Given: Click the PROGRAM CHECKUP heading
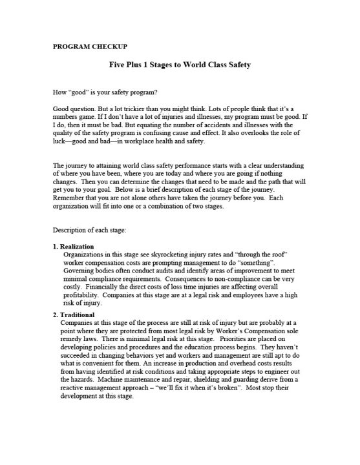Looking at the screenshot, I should [90, 46].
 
